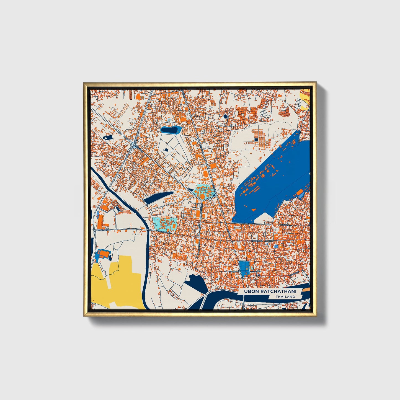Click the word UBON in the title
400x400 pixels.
(x=250, y=291)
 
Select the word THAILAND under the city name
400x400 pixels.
(x=285, y=297)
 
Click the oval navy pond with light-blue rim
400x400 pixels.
(x=170, y=130)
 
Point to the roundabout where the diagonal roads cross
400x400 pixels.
(x=134, y=144)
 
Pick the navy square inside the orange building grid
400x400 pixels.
(x=256, y=140)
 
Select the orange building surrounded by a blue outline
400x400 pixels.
(x=104, y=254)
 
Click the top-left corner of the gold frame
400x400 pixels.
(x=84, y=82)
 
